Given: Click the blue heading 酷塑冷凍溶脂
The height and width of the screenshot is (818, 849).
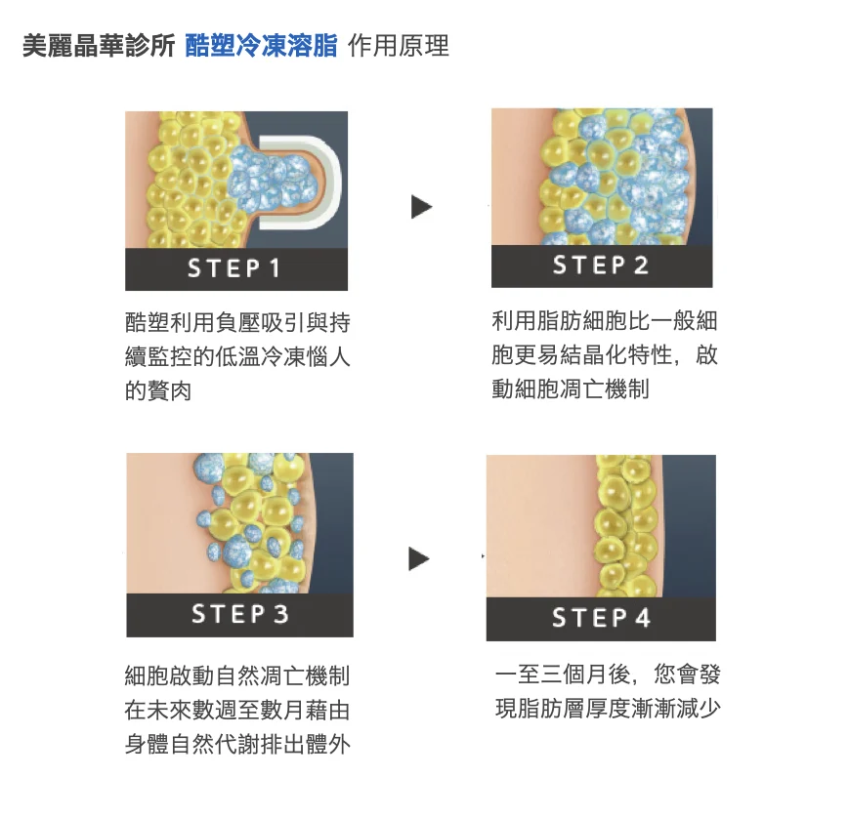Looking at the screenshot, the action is point(261,46).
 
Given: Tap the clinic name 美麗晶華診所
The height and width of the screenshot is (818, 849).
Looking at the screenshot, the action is point(99,46).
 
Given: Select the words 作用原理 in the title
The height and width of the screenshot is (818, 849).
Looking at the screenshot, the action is point(399,46).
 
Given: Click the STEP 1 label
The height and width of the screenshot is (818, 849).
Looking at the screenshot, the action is point(233,268).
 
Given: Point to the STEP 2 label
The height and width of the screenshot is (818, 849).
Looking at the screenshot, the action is point(601,266).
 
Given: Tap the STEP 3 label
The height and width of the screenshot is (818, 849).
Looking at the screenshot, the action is point(240,614).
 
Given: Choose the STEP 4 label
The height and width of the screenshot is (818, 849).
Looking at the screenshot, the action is point(601,618).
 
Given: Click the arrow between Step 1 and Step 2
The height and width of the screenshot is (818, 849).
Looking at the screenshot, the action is point(421,207).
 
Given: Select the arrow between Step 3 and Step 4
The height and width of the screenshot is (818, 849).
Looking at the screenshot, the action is point(418,559).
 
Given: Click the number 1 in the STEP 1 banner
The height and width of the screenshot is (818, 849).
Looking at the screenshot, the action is point(275,268).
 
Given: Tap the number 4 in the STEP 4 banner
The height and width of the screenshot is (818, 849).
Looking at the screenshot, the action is point(643,618).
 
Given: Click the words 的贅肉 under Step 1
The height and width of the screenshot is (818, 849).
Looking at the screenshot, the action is point(158,390).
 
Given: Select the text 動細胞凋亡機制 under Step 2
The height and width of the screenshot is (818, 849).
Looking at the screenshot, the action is point(571,389).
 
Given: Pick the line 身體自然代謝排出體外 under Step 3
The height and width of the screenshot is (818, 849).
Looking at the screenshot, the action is point(237,745).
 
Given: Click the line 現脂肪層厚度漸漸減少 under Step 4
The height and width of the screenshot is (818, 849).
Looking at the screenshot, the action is point(608,708).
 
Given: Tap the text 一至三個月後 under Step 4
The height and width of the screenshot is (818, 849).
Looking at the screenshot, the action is point(563,675).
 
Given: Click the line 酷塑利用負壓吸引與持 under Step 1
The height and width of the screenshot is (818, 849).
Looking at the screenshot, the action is point(237,322).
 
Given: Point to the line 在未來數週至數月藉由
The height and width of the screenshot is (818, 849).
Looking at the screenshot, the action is point(237,710).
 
